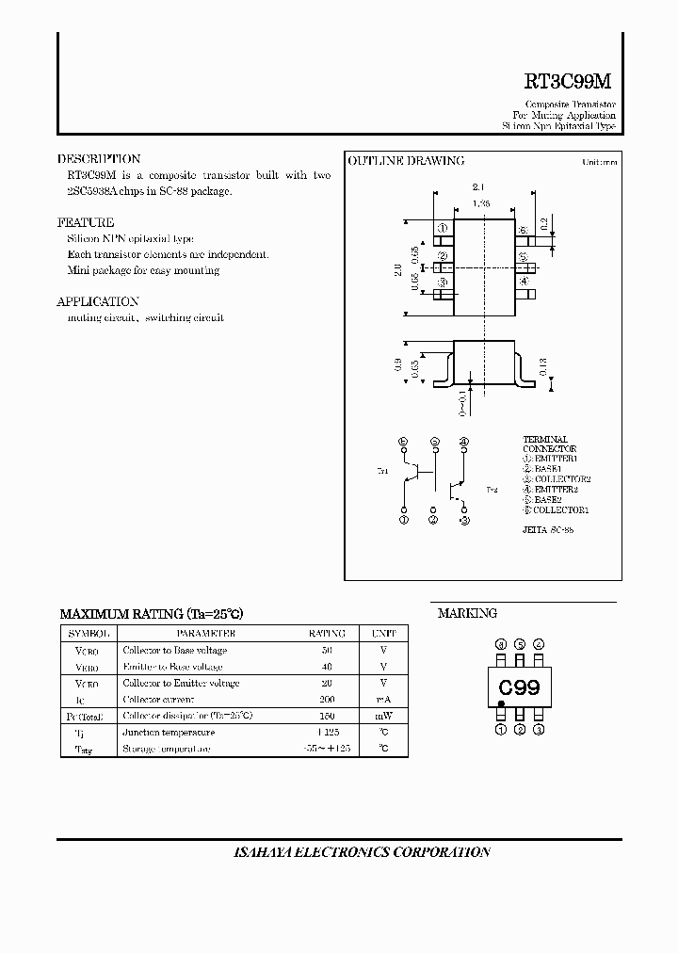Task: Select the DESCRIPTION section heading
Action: click(99, 159)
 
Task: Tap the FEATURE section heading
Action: click(86, 223)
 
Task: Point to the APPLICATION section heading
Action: click(98, 301)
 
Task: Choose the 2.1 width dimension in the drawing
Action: click(477, 187)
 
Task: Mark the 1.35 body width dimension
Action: click(482, 202)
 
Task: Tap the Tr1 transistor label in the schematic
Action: click(382, 471)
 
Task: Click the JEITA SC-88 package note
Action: click(548, 530)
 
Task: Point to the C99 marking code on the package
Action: click(519, 688)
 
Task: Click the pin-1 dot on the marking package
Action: click(501, 703)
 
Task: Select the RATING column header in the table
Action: click(327, 634)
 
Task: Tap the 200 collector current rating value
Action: click(327, 700)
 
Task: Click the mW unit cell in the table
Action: click(383, 716)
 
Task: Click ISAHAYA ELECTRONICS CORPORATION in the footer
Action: click(362, 852)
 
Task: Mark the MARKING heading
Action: click(467, 613)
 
